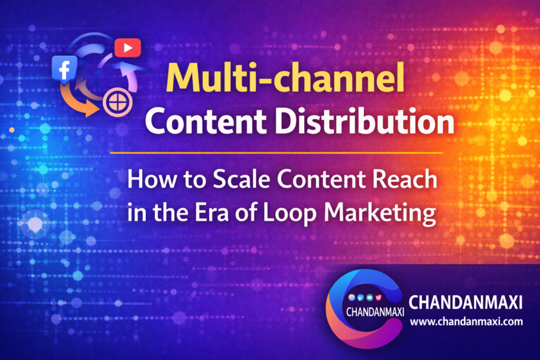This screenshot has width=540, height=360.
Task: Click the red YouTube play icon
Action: coord(127,47)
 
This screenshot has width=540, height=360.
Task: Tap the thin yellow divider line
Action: coord(276,153)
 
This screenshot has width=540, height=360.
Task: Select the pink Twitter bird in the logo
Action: coord(379,296)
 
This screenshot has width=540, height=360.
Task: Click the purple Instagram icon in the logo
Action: coord(351,296)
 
